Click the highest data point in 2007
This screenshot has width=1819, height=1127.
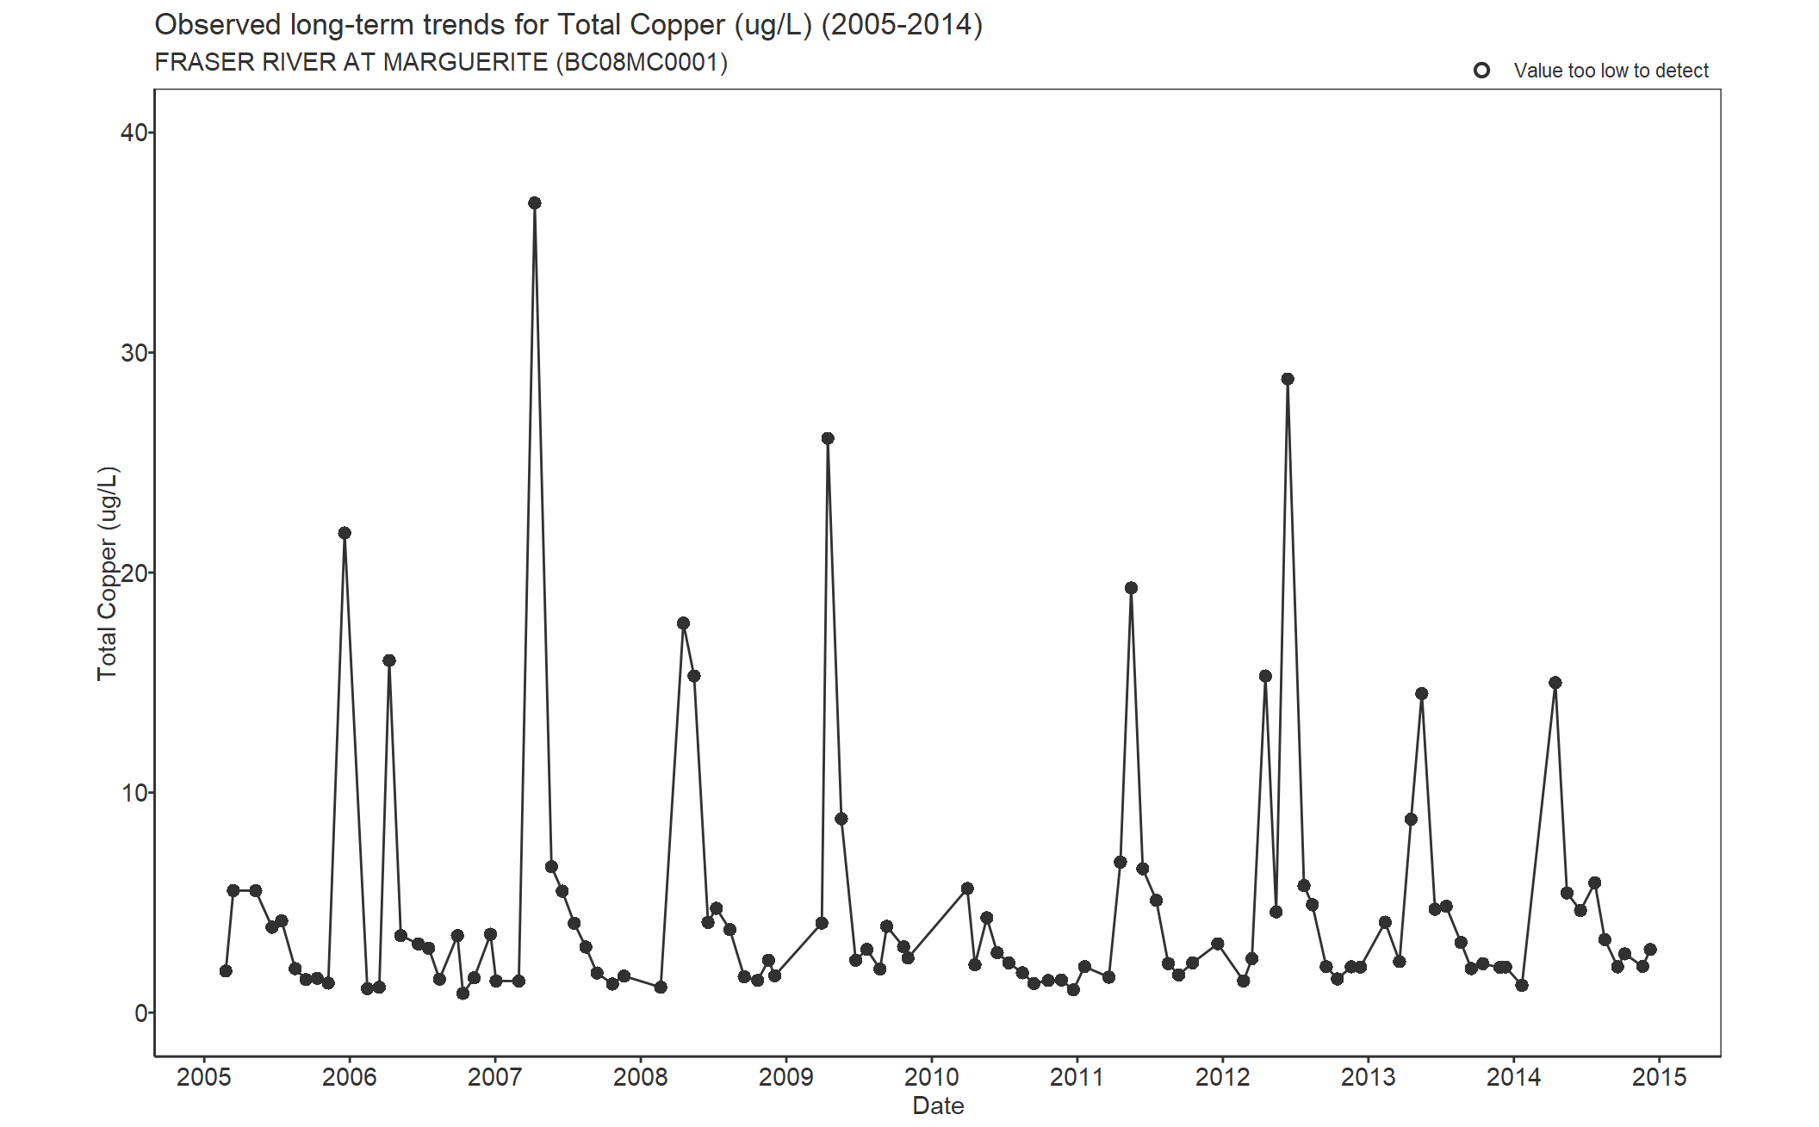[x=534, y=203]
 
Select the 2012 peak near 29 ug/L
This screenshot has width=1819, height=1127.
[x=1287, y=379]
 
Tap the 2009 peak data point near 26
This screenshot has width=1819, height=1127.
[x=827, y=438]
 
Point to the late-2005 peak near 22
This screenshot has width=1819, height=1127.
[x=345, y=533]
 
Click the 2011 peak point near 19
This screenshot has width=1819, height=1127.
[x=1131, y=588]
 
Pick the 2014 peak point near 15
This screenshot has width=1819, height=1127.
[x=1555, y=683]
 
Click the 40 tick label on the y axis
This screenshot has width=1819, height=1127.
[x=133, y=133]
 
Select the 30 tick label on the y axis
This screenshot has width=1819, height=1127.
[x=133, y=353]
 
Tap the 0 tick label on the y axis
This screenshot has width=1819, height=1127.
[x=140, y=1013]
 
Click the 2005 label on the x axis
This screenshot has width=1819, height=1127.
[x=204, y=1077]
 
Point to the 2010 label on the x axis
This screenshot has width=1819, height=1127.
[x=931, y=1077]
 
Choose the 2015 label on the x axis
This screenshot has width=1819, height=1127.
[x=1659, y=1077]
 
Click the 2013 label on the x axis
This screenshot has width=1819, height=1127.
[x=1368, y=1077]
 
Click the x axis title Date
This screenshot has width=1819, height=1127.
[x=938, y=1105]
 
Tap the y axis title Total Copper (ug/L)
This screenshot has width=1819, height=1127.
[x=107, y=573]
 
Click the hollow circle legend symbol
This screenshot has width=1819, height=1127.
[x=1481, y=71]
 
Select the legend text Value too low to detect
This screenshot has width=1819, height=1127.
[x=1611, y=71]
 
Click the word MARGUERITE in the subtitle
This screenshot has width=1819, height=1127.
[x=465, y=63]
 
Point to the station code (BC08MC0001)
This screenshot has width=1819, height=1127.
[x=642, y=63]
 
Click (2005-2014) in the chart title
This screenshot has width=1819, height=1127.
[x=902, y=25]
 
